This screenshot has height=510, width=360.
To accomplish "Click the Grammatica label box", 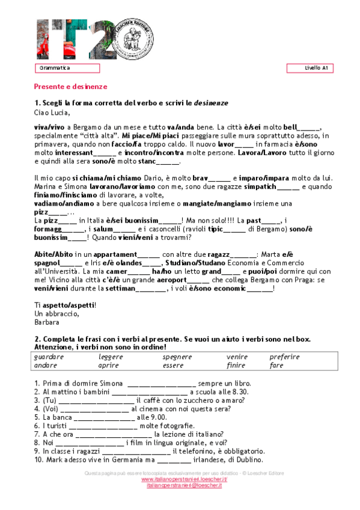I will click(x=67, y=69).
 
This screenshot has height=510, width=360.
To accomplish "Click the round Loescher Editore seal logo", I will click(x=139, y=38).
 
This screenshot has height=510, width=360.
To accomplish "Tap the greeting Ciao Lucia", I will click(x=52, y=112).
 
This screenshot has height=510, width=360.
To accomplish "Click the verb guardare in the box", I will click(x=49, y=357).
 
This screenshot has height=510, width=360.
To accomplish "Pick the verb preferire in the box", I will click(x=284, y=357).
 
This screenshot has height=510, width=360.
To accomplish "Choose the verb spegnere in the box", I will click(x=177, y=357).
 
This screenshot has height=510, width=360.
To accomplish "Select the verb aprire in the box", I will click(x=109, y=365).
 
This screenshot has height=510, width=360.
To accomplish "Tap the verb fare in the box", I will click(x=276, y=365).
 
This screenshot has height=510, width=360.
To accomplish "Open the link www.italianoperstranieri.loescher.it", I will click(x=180, y=479).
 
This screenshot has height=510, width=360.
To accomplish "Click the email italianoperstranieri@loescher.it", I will click(x=180, y=485).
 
